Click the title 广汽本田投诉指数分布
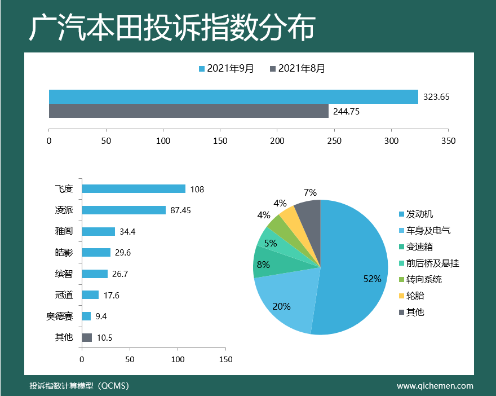171,28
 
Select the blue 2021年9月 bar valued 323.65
233,96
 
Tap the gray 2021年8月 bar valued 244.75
189,111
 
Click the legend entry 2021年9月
226,69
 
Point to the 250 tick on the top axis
334,140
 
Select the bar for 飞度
134,189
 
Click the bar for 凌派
123,210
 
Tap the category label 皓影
64,253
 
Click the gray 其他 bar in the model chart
87,338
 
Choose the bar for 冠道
90,295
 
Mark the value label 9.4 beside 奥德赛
101,316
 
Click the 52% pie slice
355,271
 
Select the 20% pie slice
285,305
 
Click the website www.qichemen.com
435,386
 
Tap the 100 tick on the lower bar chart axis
178,359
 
